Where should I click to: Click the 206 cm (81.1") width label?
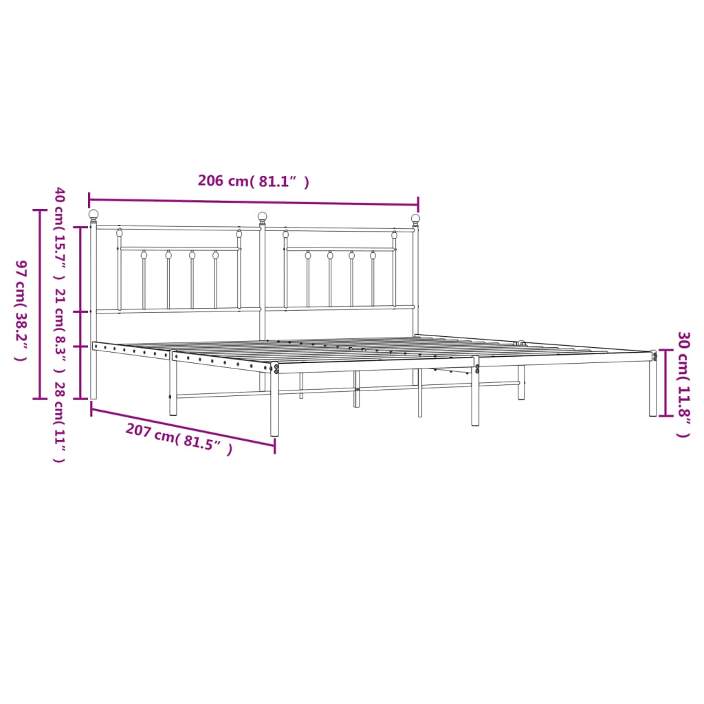pos(253,181)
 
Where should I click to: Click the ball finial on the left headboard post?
pos(93,214)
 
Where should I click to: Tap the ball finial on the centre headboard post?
pos(262,217)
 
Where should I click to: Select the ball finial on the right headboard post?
pos(415,219)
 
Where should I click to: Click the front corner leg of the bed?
pos(274,406)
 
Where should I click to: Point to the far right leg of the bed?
pos(652,388)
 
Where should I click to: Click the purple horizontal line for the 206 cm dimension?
pos(253,202)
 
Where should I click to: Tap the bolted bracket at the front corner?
pos(276,368)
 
